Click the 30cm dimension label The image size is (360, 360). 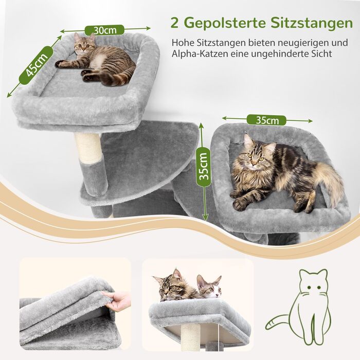104,30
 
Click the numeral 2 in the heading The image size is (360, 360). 175,23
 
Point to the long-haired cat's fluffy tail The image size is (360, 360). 329,180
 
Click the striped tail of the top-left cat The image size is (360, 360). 121,79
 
